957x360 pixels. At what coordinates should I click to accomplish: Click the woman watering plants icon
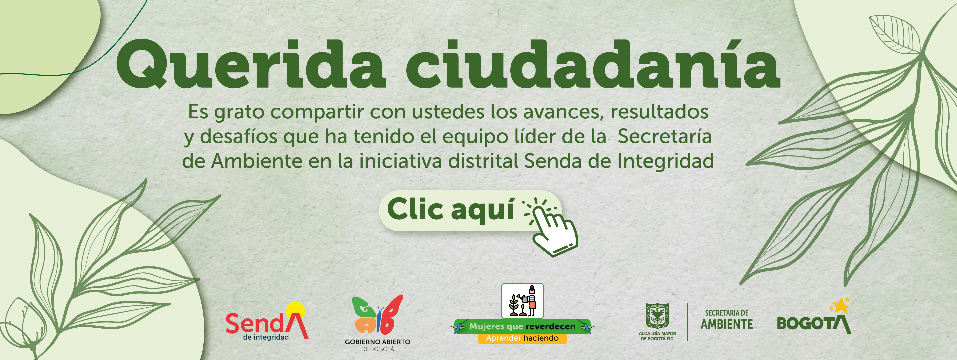coord(522,301)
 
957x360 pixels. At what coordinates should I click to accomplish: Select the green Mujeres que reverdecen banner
coord(522,327)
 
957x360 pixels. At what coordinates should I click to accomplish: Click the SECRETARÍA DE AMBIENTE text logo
coord(727,320)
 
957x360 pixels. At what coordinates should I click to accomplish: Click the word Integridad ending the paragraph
coord(666,161)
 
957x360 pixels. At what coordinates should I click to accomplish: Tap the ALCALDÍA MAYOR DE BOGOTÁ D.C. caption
coord(657,336)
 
